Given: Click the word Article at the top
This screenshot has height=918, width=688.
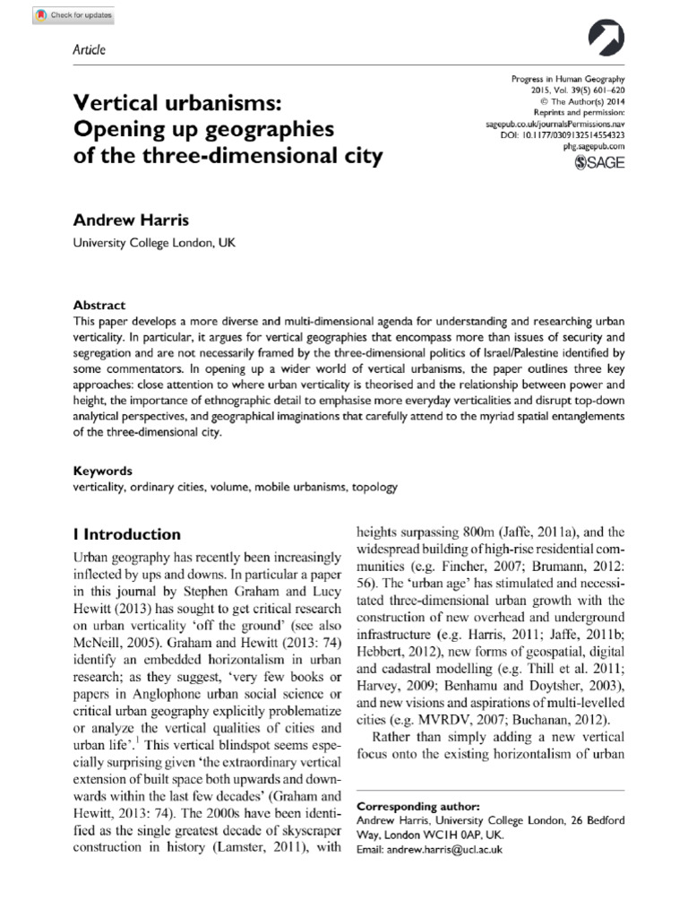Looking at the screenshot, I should (x=89, y=49).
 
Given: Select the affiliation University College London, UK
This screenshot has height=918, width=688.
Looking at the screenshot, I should (x=153, y=242).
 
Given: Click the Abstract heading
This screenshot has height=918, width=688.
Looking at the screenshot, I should (x=99, y=305).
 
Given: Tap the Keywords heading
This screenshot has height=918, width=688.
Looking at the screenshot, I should (x=102, y=471).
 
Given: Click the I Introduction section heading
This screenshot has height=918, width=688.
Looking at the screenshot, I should (x=126, y=534).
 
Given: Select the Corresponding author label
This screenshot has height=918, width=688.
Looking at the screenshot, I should (x=417, y=806).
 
